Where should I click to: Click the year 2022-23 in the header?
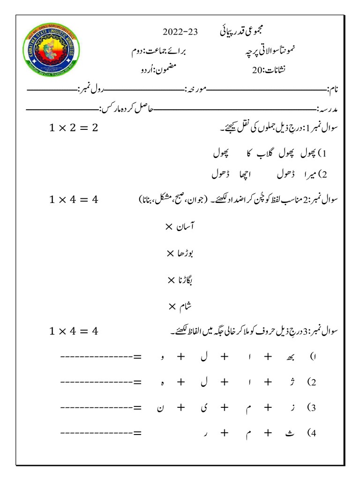click(x=180, y=32)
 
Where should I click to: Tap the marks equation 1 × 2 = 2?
click(x=74, y=127)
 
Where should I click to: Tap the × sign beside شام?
click(x=172, y=307)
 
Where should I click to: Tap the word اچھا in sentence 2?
click(x=256, y=175)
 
